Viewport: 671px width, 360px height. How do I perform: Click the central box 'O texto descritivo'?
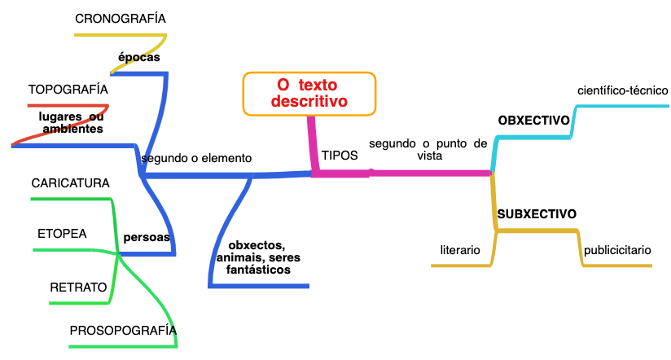pos(309,93)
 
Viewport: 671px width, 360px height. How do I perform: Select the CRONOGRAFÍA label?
pos(121,18)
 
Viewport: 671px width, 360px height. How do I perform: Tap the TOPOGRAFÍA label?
pos(68,89)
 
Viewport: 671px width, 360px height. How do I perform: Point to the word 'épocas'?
pos(138,58)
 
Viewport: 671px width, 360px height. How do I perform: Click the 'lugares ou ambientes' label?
pos(72,122)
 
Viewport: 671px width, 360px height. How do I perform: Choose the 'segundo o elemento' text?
pos(196,158)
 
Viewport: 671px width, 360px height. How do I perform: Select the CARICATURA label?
pos(70,183)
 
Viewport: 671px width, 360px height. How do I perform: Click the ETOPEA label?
pos(62,234)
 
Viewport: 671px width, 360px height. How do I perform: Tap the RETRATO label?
pos(78,287)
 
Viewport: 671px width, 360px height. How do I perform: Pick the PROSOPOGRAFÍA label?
pos(122,330)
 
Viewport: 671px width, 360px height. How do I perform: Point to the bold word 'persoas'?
pos(147,238)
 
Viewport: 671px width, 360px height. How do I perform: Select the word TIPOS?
pos(340,155)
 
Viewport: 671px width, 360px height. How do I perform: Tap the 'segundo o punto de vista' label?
pos(428,149)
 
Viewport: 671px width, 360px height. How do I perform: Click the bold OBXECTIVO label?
pos(533,121)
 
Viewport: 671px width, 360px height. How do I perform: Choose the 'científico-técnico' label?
pos(622,90)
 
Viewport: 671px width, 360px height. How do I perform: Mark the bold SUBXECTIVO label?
pos(537,214)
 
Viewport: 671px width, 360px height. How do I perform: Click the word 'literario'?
pos(460,250)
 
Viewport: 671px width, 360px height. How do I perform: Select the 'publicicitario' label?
pos(617,250)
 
